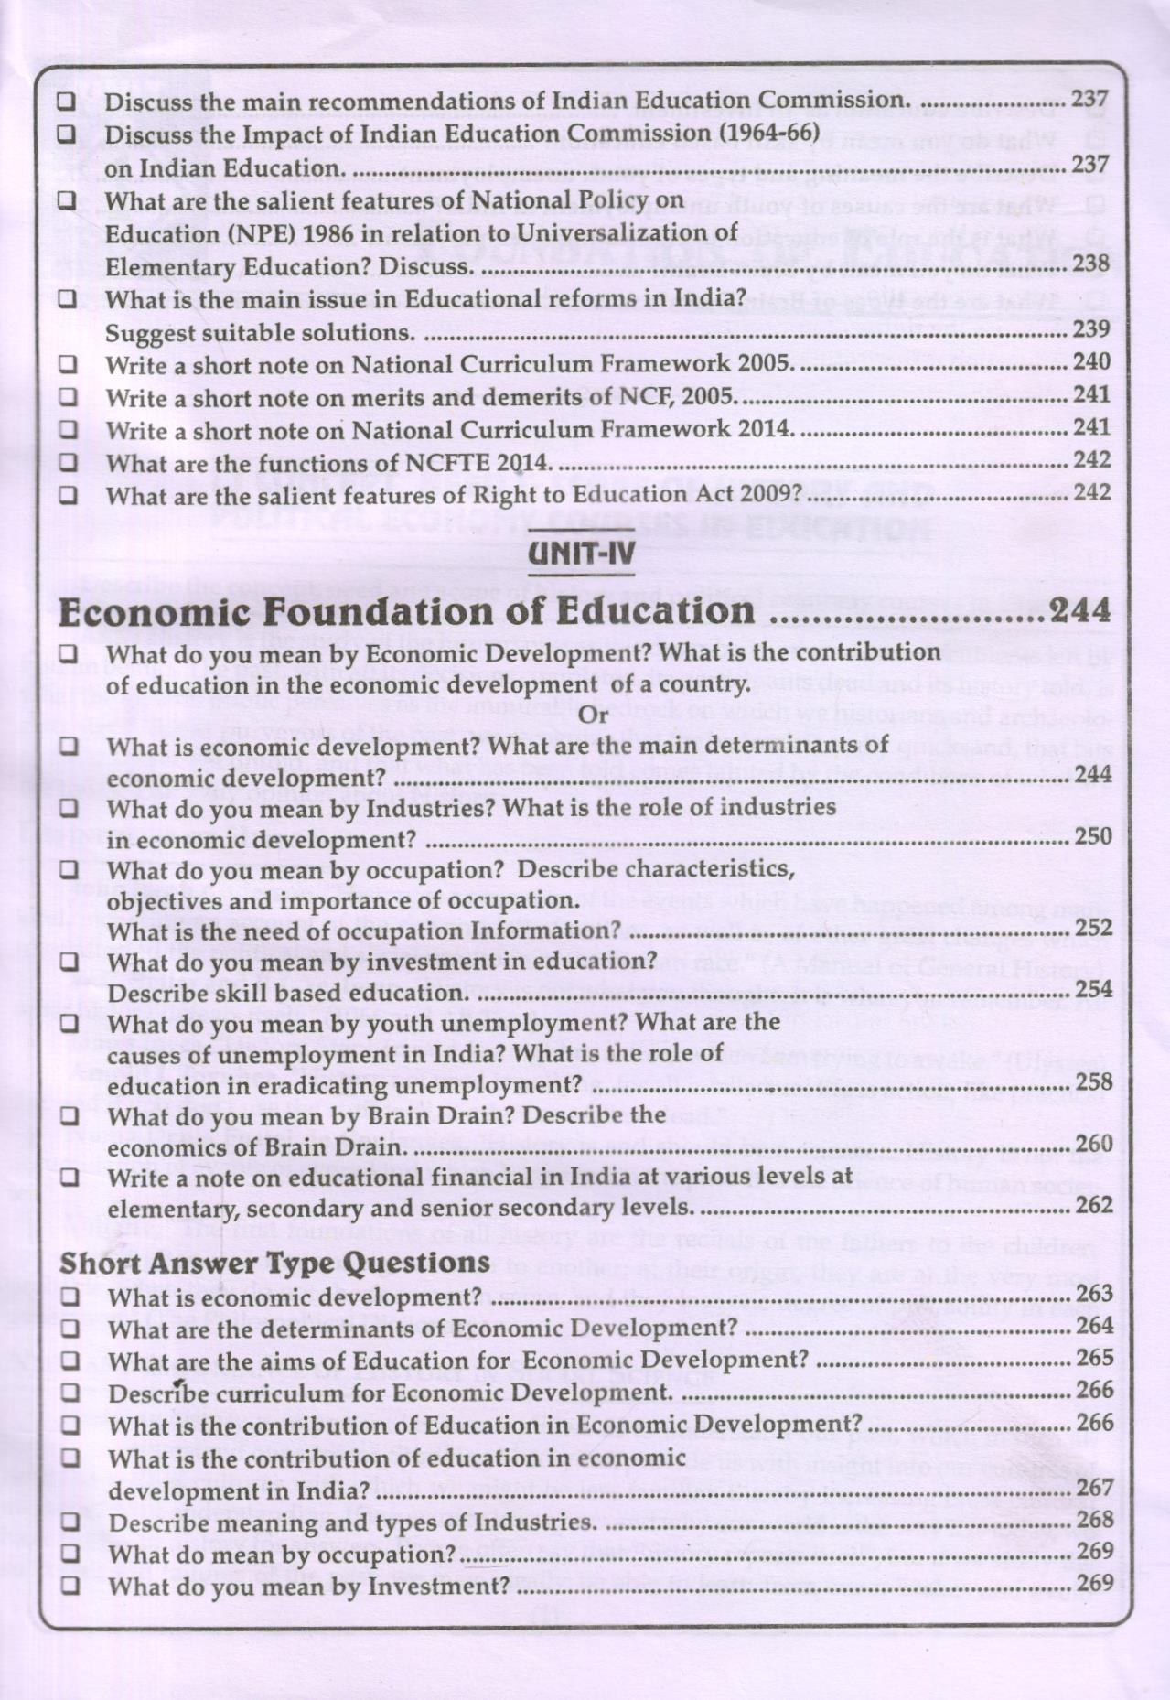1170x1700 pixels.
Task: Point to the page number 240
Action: (1090, 362)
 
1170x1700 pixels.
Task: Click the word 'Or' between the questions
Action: (595, 715)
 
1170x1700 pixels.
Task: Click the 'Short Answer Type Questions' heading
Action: (274, 1264)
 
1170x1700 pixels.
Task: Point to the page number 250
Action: (1094, 836)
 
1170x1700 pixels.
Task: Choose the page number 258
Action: (1094, 1082)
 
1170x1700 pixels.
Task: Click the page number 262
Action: (1094, 1205)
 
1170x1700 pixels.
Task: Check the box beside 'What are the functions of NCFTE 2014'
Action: (68, 463)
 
